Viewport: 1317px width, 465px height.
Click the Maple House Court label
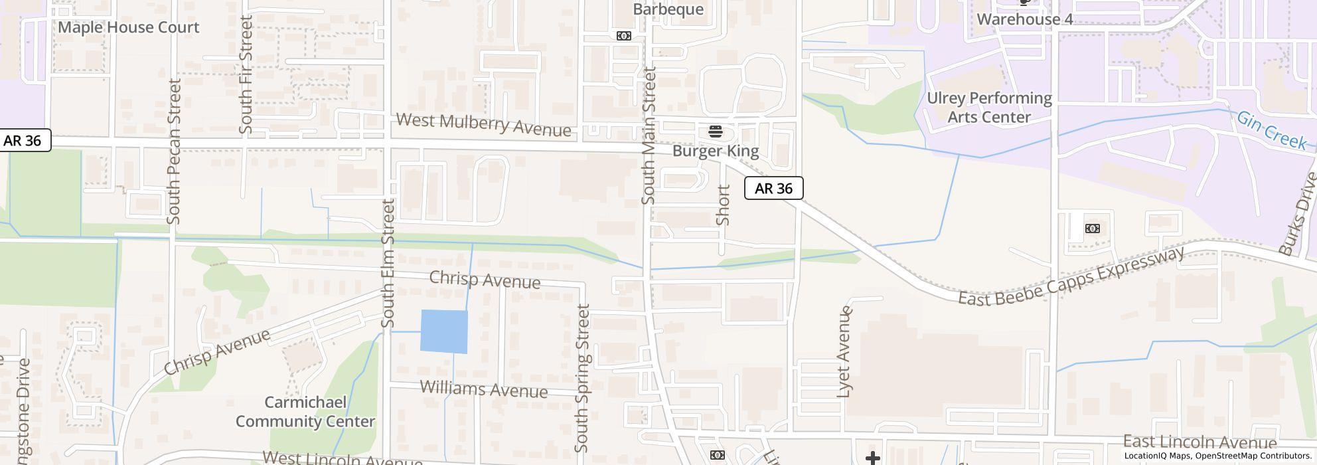point(129,27)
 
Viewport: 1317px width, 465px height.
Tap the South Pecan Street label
point(175,151)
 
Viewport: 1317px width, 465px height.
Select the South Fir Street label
point(246,74)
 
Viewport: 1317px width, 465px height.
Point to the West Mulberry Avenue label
point(483,124)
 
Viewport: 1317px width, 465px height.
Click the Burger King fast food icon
point(715,131)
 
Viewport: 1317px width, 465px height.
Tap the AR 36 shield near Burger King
point(773,188)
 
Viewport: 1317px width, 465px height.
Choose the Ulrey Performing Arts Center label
point(989,108)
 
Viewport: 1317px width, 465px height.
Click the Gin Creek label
point(1271,130)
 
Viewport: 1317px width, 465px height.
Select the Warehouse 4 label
point(1024,19)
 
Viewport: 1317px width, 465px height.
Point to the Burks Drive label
point(1298,214)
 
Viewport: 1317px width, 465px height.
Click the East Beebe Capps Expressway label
point(1071,276)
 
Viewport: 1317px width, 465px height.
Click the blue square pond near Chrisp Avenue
point(444,331)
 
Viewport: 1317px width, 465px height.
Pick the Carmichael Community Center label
point(305,412)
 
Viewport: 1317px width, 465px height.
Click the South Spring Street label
point(582,379)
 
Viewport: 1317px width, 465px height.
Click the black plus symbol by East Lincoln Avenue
point(872,457)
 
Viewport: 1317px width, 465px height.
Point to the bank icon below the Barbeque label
point(623,36)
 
